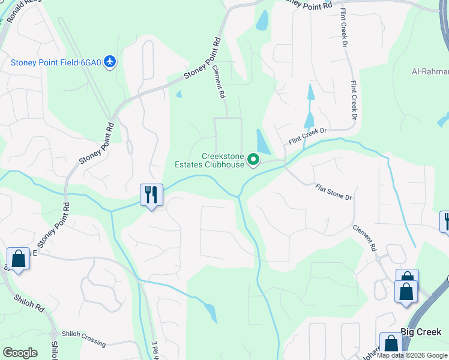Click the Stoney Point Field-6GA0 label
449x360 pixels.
pos(56,62)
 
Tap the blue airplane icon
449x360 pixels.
pos(109,62)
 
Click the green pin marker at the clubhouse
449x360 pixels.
pos(253,160)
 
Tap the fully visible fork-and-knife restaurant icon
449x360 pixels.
pos(151,195)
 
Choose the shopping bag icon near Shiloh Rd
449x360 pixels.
pos(19,260)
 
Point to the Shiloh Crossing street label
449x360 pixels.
pos(83,339)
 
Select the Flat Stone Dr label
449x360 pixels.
pos(333,192)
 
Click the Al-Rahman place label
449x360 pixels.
pos(430,71)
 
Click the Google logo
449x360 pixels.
pos(20,352)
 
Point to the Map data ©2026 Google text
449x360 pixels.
pos(412,355)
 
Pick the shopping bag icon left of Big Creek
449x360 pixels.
pos(391,344)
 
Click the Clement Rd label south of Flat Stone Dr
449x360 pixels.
pos(364,239)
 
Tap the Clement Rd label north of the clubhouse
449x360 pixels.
pos(219,82)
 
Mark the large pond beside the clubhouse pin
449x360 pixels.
pos(263,142)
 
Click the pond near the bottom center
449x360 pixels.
pos(210,312)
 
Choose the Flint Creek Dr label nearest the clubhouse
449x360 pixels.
pos(307,135)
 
